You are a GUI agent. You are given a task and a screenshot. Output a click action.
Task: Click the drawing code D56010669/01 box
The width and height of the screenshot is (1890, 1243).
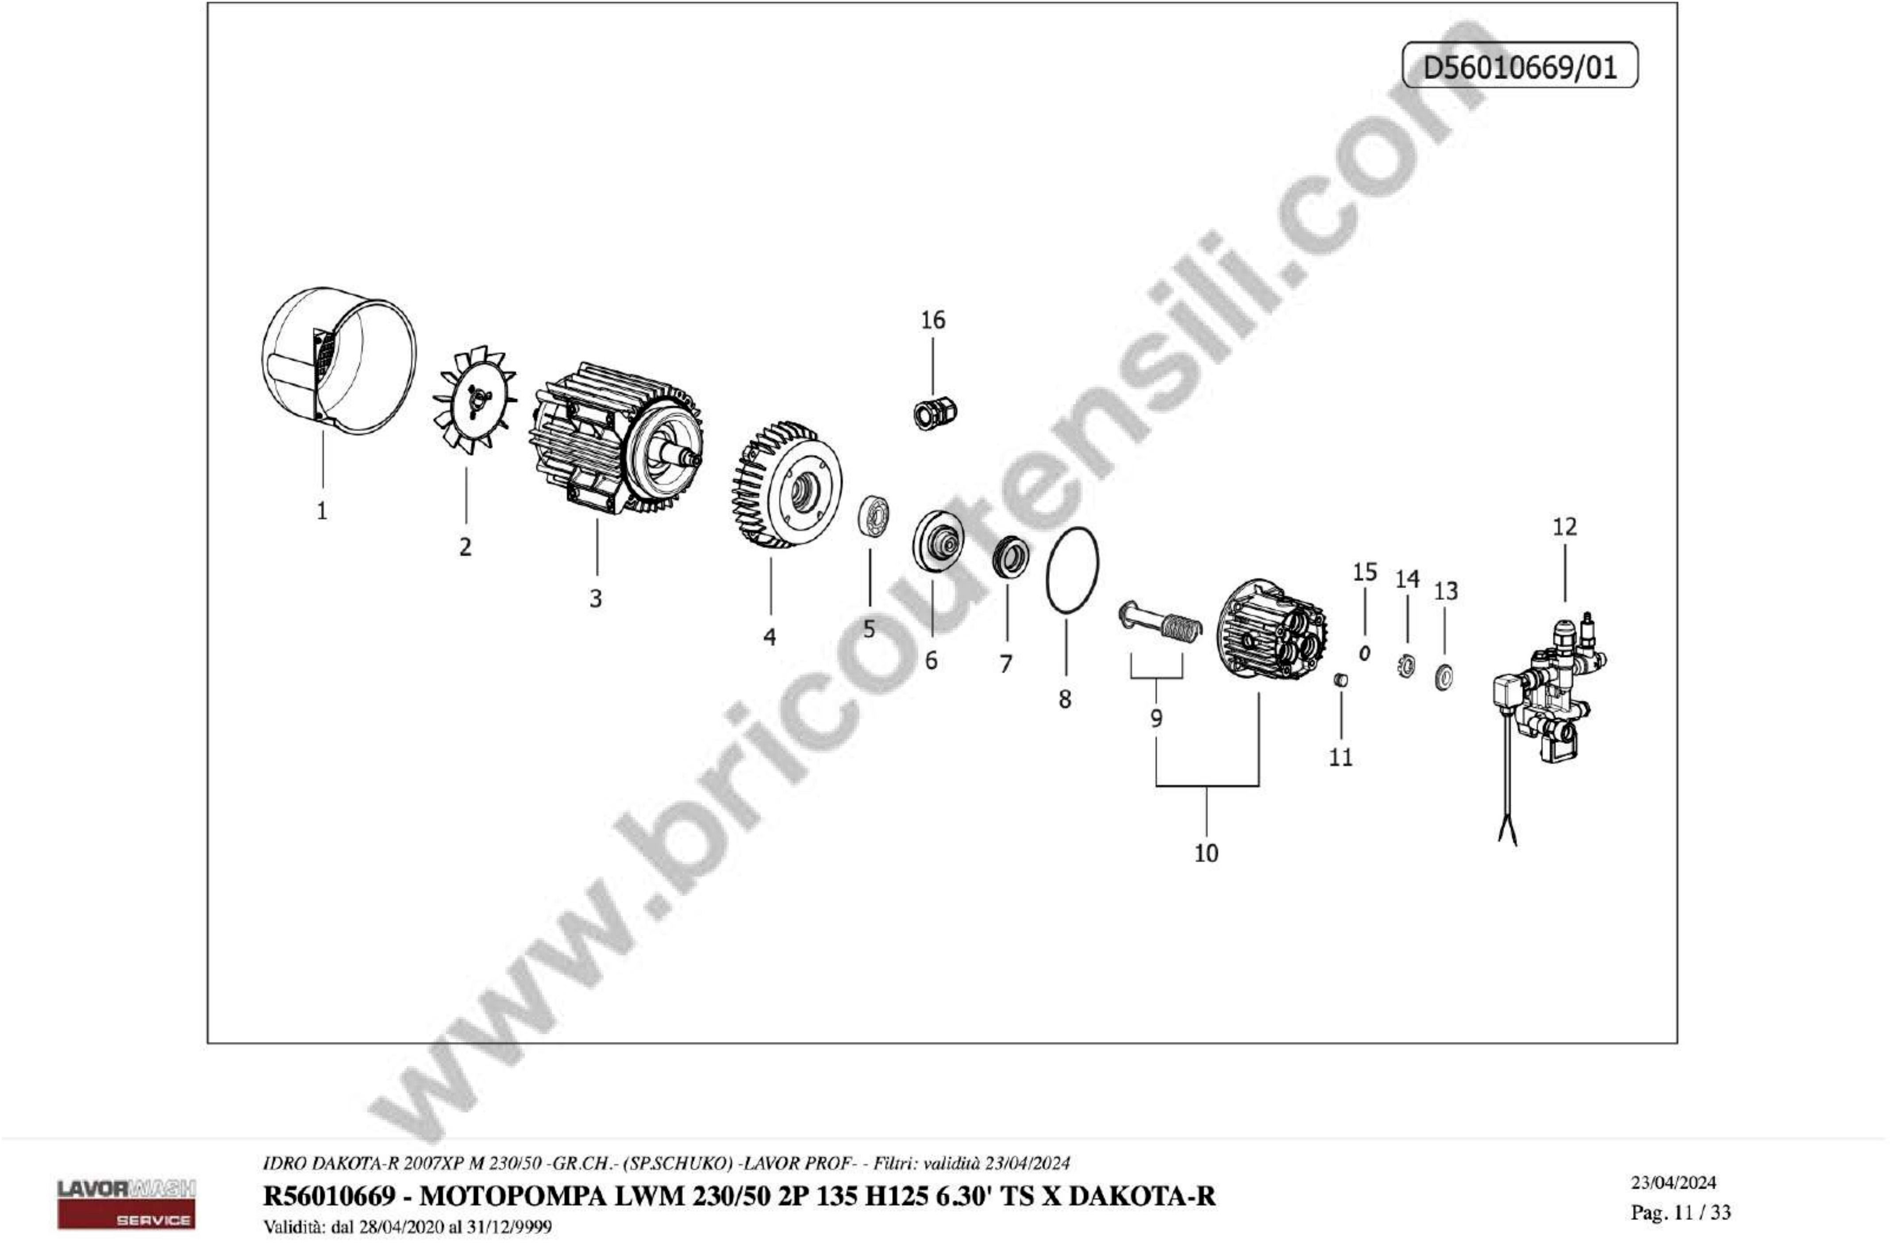pyautogui.click(x=1520, y=65)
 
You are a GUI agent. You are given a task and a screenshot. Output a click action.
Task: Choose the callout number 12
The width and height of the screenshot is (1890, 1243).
pyautogui.click(x=1564, y=527)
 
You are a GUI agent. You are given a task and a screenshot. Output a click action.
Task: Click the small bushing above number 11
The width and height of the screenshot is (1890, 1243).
pyautogui.click(x=1340, y=680)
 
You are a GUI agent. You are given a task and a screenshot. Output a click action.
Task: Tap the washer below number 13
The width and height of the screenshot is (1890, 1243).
pyautogui.click(x=1444, y=677)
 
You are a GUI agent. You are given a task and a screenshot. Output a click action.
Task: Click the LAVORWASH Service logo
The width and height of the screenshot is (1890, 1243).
pyautogui.click(x=126, y=1202)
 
